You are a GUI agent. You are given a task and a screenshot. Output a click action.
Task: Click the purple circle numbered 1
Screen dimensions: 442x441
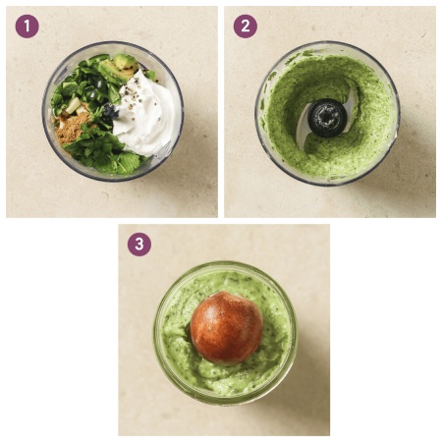[28, 27]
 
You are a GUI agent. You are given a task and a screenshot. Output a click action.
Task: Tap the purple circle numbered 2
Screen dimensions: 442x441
[246, 27]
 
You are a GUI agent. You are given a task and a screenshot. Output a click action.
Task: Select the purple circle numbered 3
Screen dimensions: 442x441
[139, 245]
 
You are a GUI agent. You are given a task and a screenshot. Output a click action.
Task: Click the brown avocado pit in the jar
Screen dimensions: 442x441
[227, 328]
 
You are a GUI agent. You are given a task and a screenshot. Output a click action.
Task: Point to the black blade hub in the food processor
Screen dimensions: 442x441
[327, 118]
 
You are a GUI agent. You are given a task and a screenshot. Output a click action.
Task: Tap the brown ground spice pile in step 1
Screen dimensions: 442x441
[71, 129]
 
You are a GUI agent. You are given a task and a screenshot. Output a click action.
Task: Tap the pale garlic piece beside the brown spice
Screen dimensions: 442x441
[73, 105]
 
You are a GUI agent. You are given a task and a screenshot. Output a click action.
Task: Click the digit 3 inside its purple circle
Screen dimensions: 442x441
[139, 245]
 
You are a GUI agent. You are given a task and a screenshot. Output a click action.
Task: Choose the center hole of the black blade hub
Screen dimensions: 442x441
[327, 117]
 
